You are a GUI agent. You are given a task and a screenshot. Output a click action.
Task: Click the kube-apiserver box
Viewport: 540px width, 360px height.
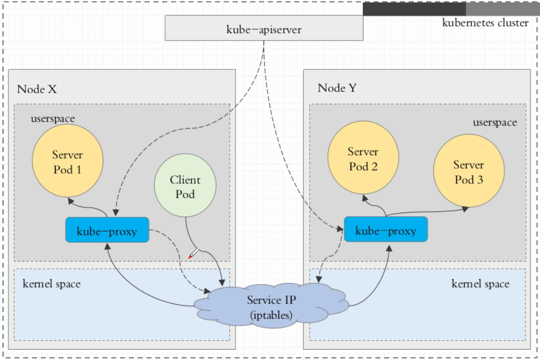264,28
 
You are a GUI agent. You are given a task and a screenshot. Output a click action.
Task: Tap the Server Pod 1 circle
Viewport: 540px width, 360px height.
68,161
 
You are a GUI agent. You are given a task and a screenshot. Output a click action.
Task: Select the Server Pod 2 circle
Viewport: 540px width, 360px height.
363,158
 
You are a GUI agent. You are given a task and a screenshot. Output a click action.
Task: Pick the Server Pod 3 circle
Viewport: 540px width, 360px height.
469,171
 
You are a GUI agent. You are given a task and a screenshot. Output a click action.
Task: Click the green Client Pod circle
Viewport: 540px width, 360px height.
185,185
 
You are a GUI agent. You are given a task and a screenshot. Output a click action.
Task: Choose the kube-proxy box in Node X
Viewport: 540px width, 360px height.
107,230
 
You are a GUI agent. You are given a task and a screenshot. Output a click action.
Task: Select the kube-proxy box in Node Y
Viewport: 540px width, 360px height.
386,229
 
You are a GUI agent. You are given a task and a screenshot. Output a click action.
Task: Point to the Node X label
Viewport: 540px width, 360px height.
37,89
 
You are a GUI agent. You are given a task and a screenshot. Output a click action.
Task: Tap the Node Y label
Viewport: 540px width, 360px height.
337,88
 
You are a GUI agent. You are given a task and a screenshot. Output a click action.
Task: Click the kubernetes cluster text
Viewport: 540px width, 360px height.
485,23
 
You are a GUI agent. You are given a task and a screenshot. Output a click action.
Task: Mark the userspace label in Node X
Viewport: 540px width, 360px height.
53,118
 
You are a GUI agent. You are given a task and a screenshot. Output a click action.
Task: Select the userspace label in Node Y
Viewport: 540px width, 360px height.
495,122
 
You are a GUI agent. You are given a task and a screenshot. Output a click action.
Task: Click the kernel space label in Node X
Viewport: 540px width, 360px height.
52,283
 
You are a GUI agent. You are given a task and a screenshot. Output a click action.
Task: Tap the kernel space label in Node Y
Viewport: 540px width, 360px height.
481,283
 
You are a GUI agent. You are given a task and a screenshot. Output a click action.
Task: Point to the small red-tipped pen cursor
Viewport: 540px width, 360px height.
193,254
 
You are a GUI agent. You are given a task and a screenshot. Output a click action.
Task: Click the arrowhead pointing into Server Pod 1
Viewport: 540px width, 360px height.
71,201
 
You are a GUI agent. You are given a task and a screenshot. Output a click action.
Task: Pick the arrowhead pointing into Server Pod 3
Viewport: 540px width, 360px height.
465,209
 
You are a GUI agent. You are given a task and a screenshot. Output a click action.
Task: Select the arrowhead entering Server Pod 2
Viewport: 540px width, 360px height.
365,198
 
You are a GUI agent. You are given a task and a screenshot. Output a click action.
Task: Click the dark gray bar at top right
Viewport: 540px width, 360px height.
415,9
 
